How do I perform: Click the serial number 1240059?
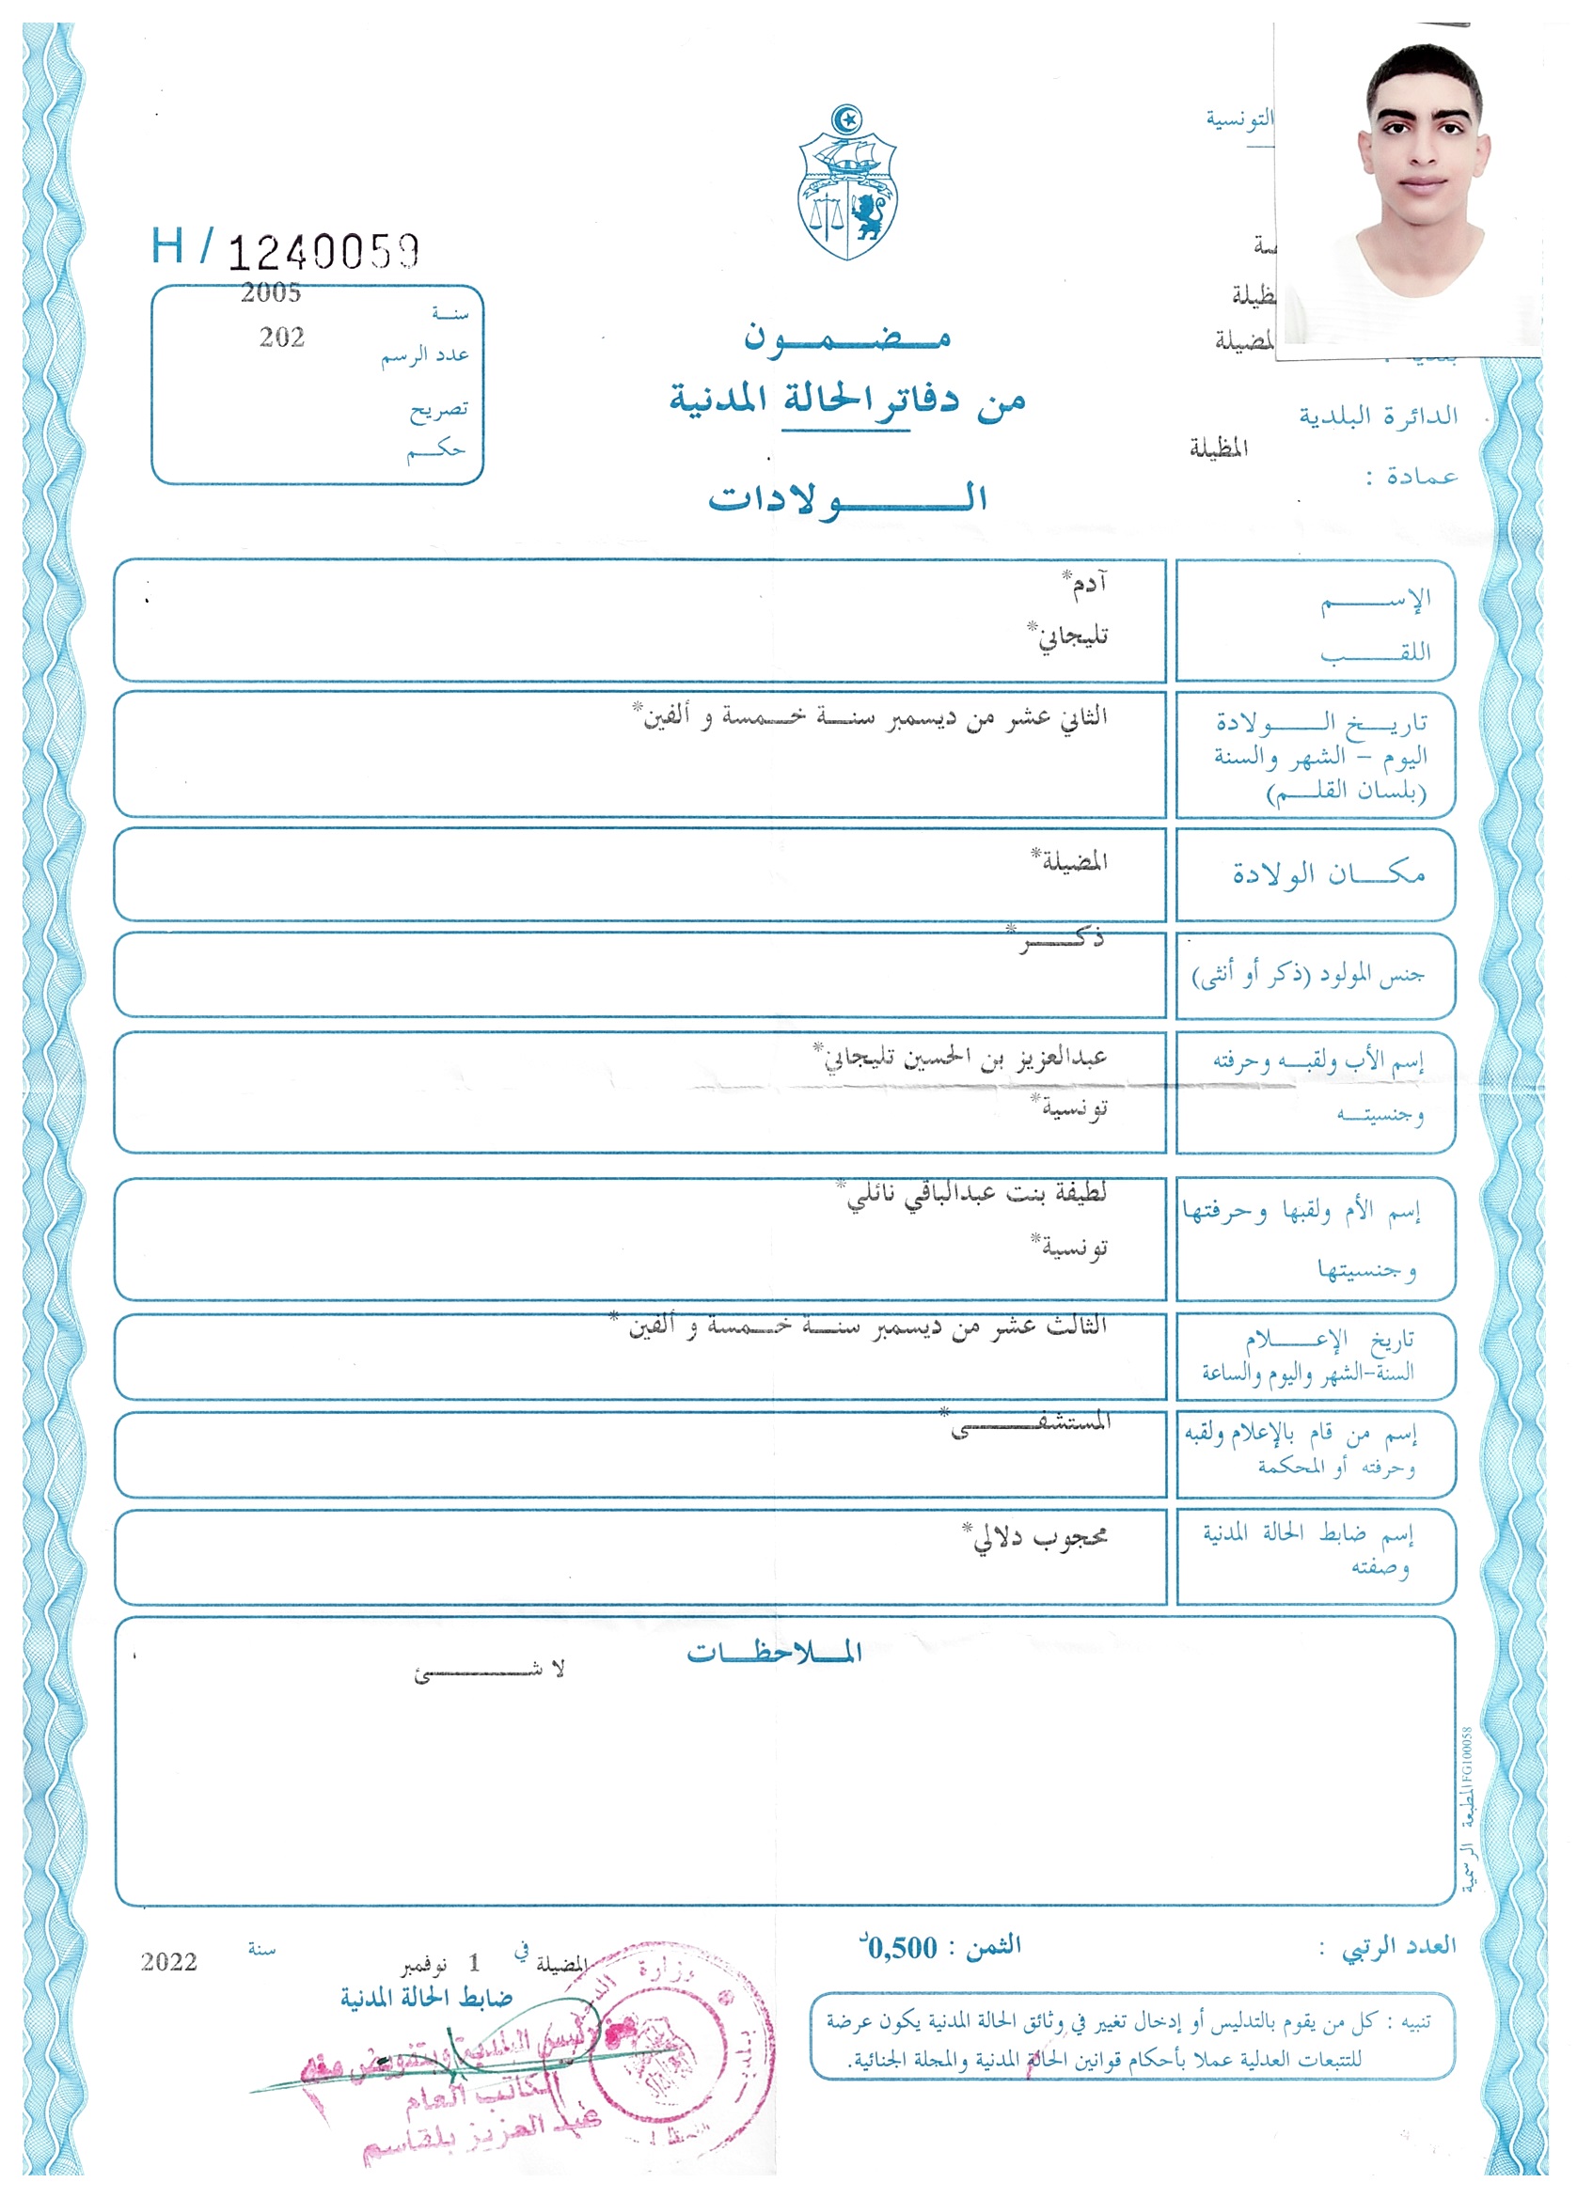pyautogui.click(x=323, y=252)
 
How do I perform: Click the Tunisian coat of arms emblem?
pyautogui.click(x=847, y=184)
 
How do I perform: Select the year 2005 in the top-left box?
pyautogui.click(x=271, y=292)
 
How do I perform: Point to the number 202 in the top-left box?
pyautogui.click(x=281, y=338)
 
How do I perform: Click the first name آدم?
pyautogui.click(x=1088, y=585)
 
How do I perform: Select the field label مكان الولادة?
pyautogui.click(x=1329, y=874)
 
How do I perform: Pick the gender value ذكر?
pyautogui.click(x=1062, y=938)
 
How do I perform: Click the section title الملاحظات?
pyautogui.click(x=774, y=1653)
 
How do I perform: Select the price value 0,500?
pyautogui.click(x=903, y=1947)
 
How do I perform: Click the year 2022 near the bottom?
pyautogui.click(x=168, y=1963)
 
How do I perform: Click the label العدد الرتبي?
pyautogui.click(x=1398, y=1946)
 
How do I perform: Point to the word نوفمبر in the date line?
pyautogui.click(x=425, y=1967)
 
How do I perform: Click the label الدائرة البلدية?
pyautogui.click(x=1378, y=416)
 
